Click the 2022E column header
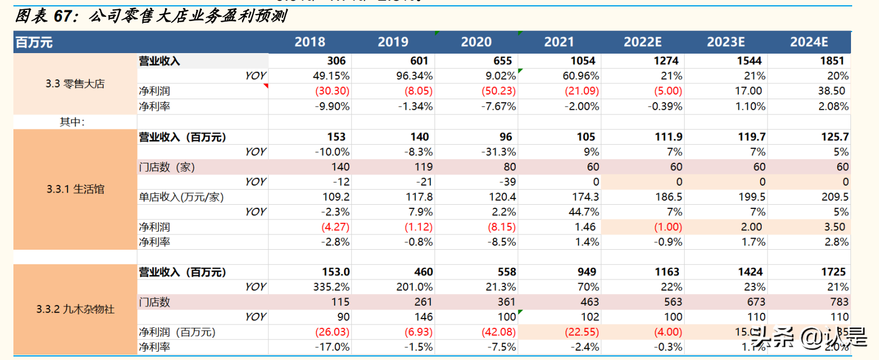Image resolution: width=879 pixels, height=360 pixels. [642, 42]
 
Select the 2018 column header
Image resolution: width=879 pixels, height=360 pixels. [310, 42]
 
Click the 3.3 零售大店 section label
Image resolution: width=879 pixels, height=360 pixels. [75, 83]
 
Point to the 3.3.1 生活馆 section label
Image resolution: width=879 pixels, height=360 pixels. [75, 189]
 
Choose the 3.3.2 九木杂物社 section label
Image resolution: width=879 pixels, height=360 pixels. [75, 309]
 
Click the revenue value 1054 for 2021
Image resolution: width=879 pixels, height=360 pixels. [582, 61]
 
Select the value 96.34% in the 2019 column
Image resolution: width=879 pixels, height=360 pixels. [414, 76]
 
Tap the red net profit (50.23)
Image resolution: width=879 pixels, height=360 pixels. [499, 91]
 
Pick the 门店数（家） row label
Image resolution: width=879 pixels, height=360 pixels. [167, 167]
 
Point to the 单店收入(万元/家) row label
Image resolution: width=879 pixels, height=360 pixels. [181, 197]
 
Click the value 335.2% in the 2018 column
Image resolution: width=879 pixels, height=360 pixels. [331, 287]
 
